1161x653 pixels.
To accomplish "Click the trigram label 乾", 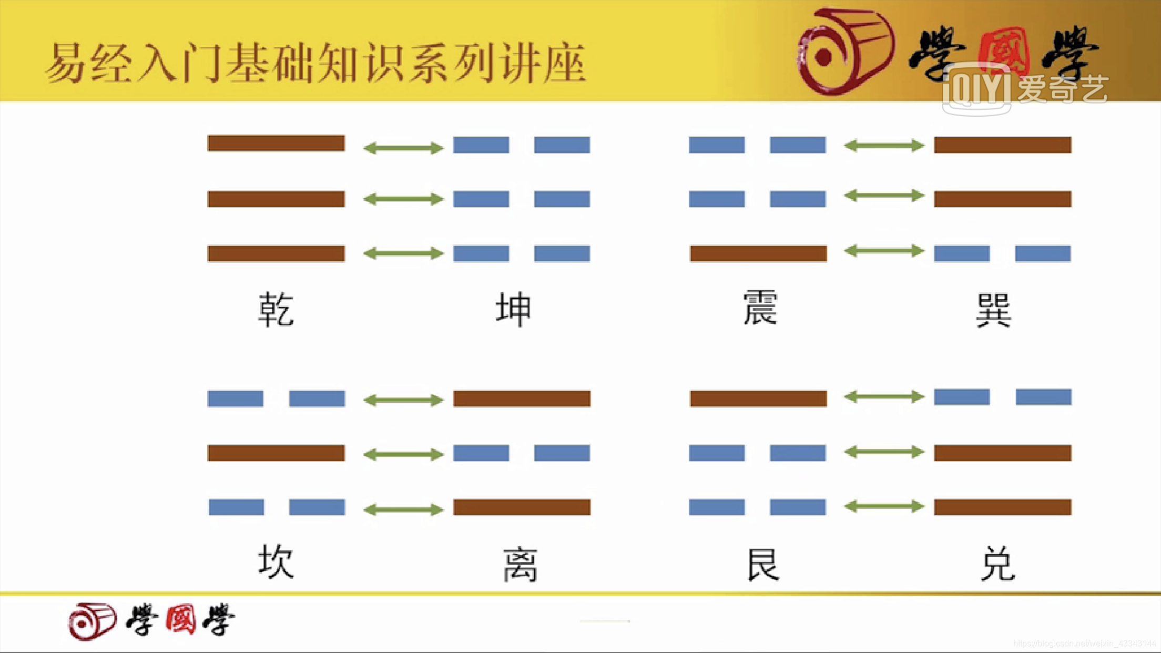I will (276, 310).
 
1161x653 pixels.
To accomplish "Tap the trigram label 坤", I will (514, 310).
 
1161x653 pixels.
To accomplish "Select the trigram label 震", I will (760, 308).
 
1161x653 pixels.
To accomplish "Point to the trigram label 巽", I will (993, 310).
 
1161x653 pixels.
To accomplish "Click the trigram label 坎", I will (276, 562).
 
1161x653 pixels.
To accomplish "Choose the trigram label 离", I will (520, 565).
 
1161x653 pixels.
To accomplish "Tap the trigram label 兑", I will (997, 564).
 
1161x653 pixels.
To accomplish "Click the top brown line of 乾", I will (276, 143).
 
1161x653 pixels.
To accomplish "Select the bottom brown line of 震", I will (758, 253).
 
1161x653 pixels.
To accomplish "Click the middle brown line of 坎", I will (276, 453).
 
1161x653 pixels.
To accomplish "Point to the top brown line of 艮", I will (758, 399).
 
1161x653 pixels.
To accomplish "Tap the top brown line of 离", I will (522, 399).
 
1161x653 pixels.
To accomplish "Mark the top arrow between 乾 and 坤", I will (403, 148).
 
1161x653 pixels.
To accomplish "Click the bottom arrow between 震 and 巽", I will (884, 251).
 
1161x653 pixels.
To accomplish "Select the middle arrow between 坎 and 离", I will (403, 454).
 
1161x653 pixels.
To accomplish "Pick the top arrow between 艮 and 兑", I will (884, 396).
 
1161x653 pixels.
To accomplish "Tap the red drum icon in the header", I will (846, 51).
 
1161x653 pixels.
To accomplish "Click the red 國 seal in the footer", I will (180, 620).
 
